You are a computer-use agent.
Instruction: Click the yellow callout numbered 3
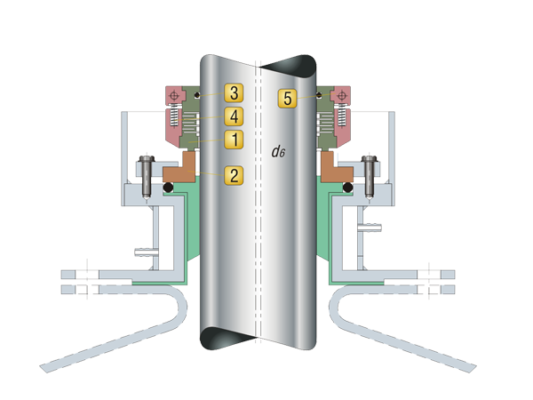pos(233,93)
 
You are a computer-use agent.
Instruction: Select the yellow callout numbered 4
pos(233,116)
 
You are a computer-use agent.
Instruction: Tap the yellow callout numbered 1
pos(233,140)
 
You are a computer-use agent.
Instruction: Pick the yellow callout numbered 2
pos(233,174)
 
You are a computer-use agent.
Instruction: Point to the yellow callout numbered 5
pos(287,98)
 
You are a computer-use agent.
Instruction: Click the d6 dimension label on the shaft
pos(279,151)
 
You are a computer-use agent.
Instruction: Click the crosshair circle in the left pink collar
pos(175,94)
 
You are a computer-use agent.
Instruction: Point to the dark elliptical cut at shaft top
pos(296,66)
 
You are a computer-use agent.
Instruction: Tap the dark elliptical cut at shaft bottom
pos(219,339)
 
